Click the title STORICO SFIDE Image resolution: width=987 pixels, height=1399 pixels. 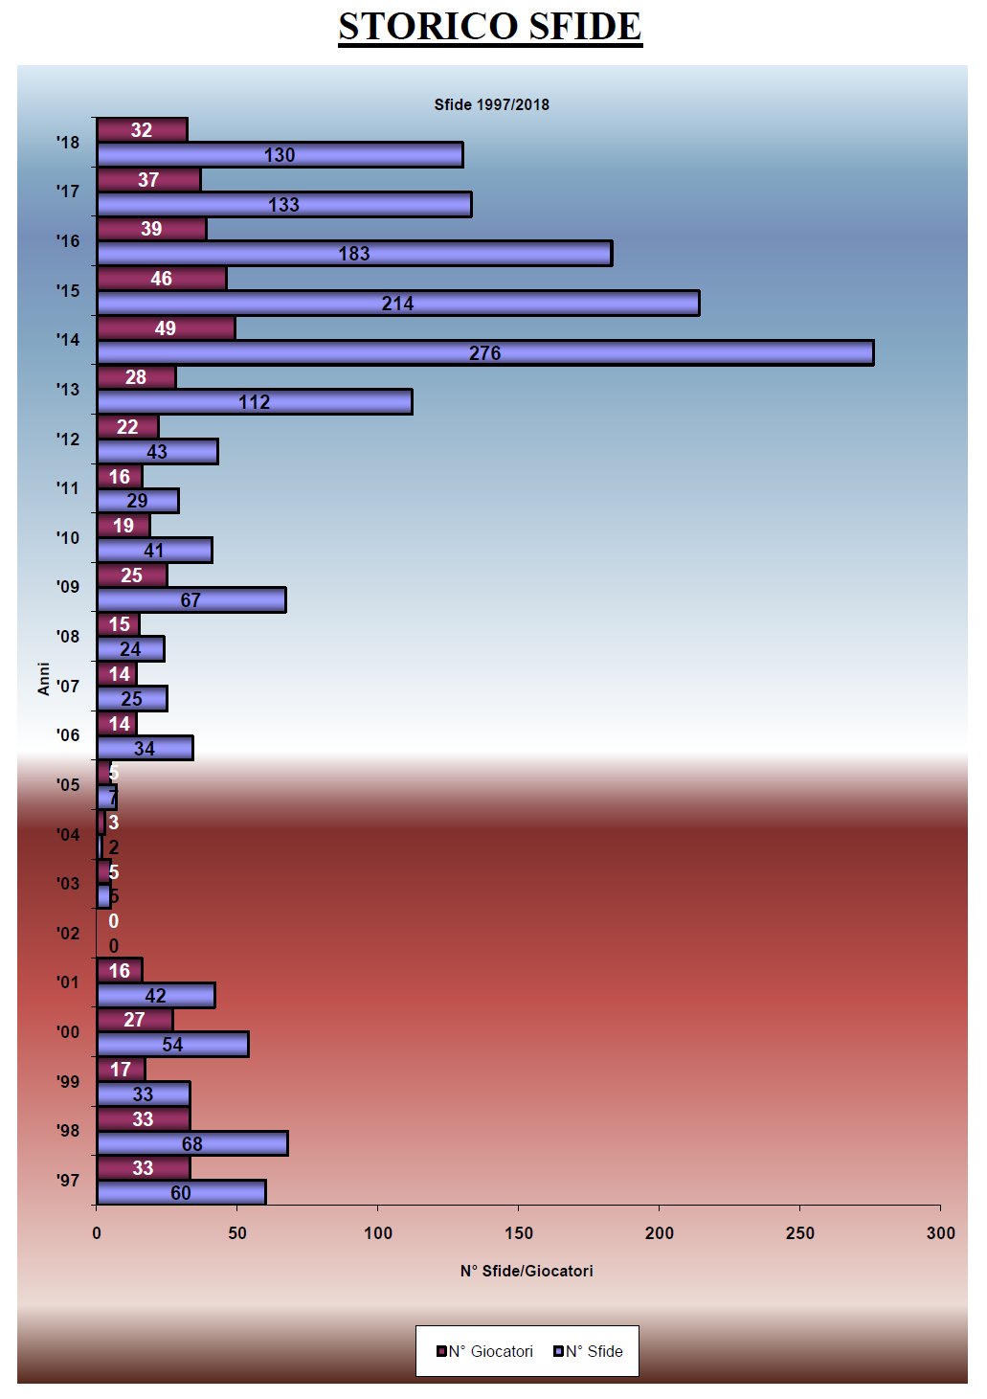[x=489, y=27]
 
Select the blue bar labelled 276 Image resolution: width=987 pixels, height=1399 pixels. [x=484, y=352]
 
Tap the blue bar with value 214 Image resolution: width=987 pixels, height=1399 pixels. [x=397, y=304]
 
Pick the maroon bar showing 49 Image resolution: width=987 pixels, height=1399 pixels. [x=166, y=328]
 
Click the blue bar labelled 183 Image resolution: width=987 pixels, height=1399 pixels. [x=353, y=254]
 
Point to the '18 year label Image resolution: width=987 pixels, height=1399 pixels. [x=68, y=143]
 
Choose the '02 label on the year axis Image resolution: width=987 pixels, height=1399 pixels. [x=68, y=933]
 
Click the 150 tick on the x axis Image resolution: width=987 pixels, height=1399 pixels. [x=518, y=1232]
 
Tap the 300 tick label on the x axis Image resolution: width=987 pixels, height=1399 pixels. [x=940, y=1232]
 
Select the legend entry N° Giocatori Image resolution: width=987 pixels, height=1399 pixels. [x=484, y=1351]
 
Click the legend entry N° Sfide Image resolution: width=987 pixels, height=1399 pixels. [x=588, y=1351]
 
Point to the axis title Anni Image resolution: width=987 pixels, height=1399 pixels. [x=43, y=678]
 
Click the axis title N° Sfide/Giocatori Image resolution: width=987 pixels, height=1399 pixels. [x=527, y=1271]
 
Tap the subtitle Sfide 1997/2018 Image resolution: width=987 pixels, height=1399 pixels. [x=491, y=104]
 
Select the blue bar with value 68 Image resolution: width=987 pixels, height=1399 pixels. [x=191, y=1143]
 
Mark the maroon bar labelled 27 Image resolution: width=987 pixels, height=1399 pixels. [x=134, y=1020]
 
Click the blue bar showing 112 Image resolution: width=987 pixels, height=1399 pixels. [x=254, y=402]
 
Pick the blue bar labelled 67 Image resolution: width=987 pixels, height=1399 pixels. [x=191, y=600]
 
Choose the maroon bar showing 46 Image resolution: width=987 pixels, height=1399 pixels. [x=161, y=279]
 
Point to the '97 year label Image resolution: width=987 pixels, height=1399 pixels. [x=68, y=1181]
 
